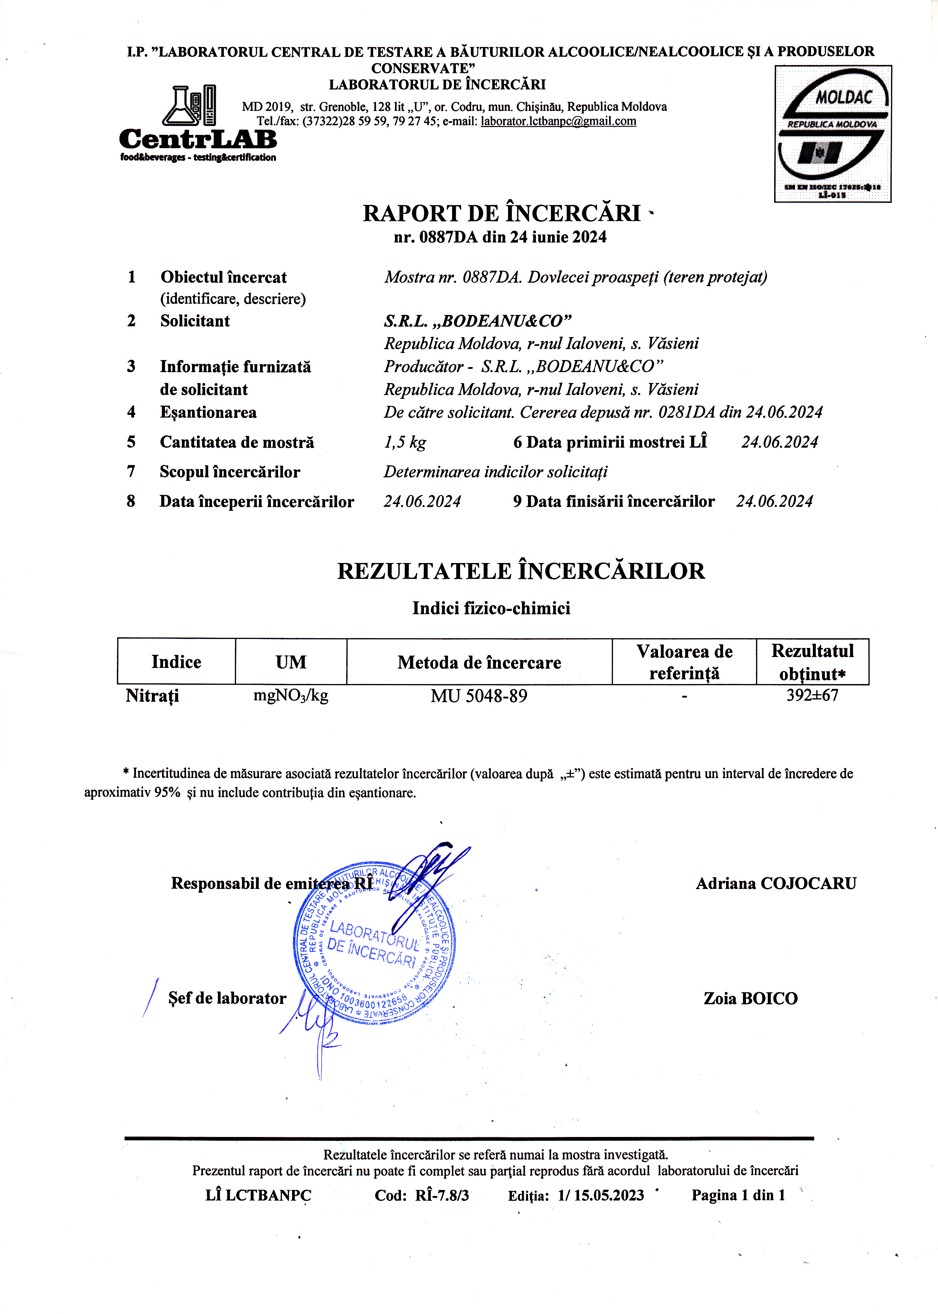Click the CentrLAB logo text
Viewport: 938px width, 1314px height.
198,139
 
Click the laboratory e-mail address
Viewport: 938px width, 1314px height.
558,121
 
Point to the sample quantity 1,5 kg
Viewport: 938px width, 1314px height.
405,442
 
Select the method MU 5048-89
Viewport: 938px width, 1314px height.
479,696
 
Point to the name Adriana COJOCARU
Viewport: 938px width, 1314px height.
776,884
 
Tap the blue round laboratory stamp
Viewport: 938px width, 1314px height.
374,945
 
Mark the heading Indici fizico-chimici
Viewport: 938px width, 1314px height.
491,608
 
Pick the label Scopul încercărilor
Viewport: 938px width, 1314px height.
230,472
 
